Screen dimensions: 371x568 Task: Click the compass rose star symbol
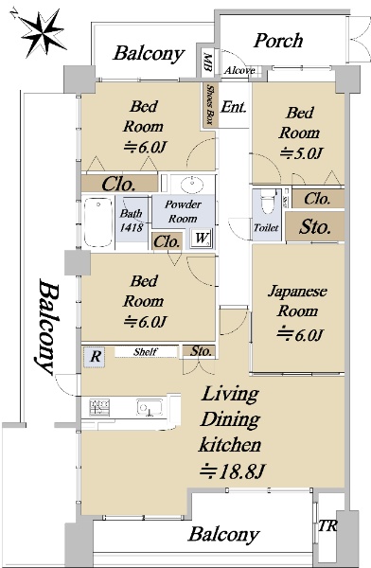click(43, 33)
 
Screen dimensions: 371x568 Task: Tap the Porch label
click(278, 41)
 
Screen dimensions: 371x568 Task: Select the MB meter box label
click(207, 62)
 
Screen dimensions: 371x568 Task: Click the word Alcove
click(239, 70)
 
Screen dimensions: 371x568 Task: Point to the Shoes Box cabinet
click(210, 105)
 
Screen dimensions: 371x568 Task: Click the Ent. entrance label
click(234, 106)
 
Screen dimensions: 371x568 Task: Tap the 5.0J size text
click(301, 153)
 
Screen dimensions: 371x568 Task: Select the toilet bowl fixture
click(268, 202)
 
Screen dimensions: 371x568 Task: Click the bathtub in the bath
click(98, 222)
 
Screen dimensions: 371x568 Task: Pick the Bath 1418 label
click(132, 221)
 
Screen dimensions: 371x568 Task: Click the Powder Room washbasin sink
click(192, 185)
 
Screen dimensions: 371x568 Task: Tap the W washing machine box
click(202, 238)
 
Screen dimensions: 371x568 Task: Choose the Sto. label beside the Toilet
click(314, 227)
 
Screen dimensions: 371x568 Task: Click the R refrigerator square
click(95, 357)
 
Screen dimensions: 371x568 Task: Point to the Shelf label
click(146, 352)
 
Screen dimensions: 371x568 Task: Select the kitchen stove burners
click(99, 408)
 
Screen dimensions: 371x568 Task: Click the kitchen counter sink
click(150, 407)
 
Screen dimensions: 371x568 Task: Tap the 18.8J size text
click(233, 470)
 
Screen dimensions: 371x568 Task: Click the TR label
click(327, 526)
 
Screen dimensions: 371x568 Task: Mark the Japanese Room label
click(297, 301)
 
